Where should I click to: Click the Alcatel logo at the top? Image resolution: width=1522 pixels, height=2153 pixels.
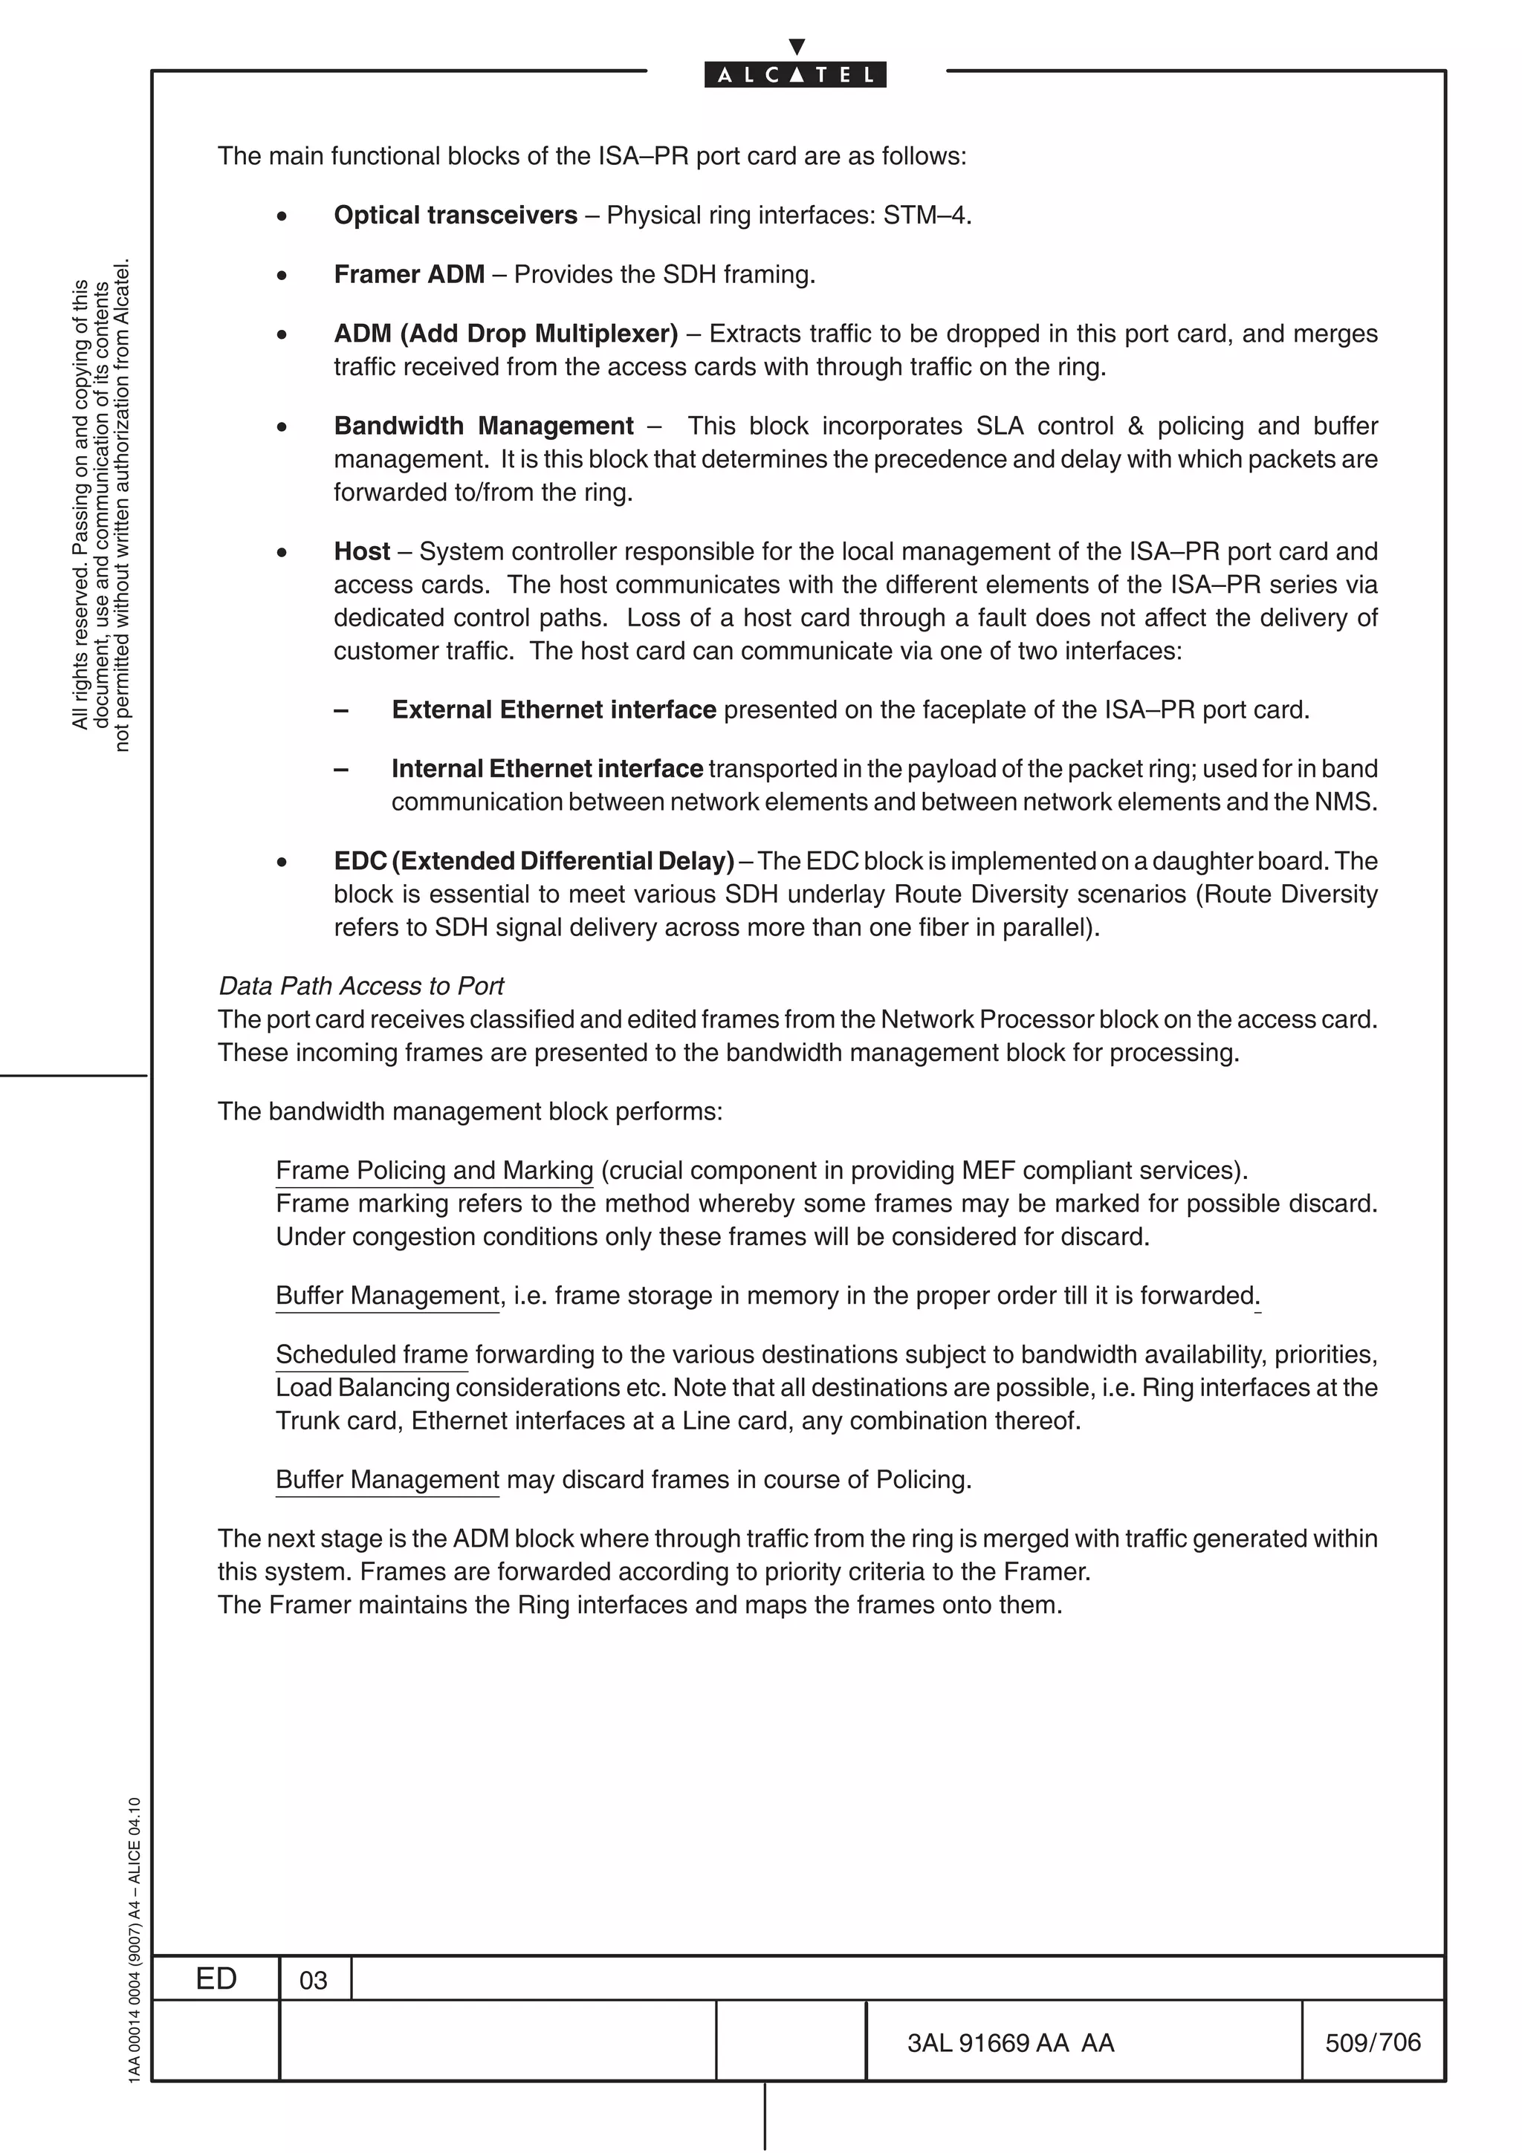(795, 74)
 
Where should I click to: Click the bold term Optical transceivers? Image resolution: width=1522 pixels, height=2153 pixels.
(456, 215)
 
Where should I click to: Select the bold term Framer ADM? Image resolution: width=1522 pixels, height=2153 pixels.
(409, 275)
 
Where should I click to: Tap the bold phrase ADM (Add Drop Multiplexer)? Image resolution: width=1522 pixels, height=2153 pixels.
(505, 334)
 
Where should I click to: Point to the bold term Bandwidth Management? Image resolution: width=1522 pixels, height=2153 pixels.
(483, 426)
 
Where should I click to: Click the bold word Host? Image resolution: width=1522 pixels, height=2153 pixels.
(361, 551)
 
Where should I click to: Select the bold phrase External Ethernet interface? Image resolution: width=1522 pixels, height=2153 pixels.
(553, 709)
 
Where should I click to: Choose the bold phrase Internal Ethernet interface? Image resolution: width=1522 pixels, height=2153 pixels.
(547, 769)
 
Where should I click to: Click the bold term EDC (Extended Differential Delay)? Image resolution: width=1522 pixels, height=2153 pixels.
(534, 861)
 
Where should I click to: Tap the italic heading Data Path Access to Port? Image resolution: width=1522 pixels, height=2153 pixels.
(361, 986)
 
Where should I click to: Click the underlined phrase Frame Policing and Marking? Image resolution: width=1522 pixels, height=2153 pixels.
(434, 1170)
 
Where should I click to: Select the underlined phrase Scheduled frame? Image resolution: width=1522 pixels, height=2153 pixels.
(372, 1354)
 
